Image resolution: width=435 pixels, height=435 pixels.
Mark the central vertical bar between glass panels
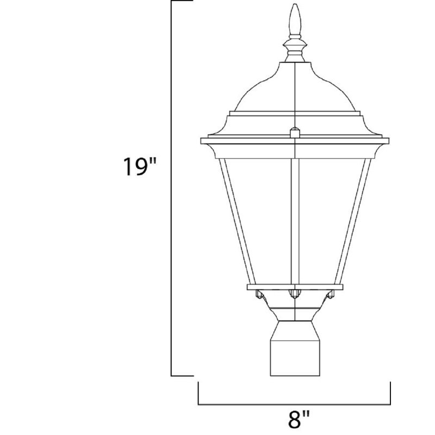pos(294,217)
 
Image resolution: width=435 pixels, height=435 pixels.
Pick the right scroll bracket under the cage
pos(330,296)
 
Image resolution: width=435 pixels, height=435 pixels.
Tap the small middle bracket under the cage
pos(294,294)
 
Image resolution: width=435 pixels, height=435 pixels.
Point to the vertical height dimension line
pos(172,188)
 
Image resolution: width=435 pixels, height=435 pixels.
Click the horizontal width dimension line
pos(294,404)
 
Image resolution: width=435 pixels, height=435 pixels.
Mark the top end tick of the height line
pos(182,1)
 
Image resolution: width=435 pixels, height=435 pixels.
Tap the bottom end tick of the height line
pos(182,375)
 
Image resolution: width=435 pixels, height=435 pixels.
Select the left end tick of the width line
pos(198,393)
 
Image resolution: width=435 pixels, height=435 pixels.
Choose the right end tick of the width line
pos(390,393)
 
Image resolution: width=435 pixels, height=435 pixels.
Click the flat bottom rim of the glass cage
pos(294,286)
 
